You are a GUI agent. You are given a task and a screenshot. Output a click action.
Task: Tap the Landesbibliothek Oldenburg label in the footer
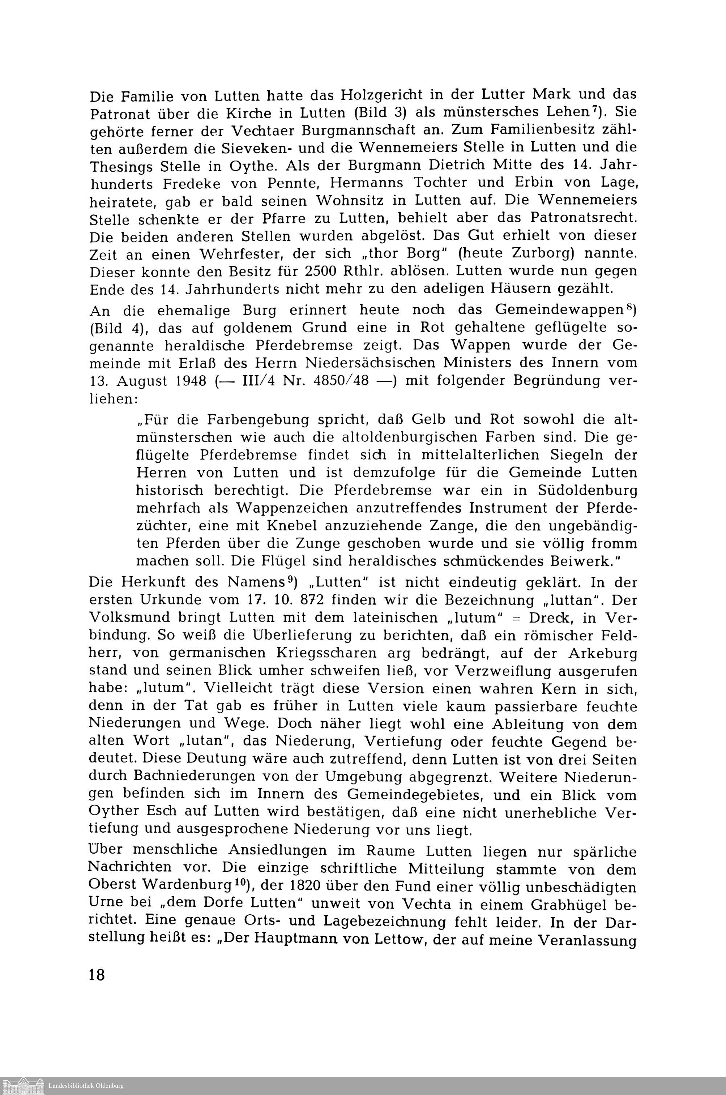(x=86, y=1085)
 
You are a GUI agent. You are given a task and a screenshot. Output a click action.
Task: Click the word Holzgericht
(x=388, y=95)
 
